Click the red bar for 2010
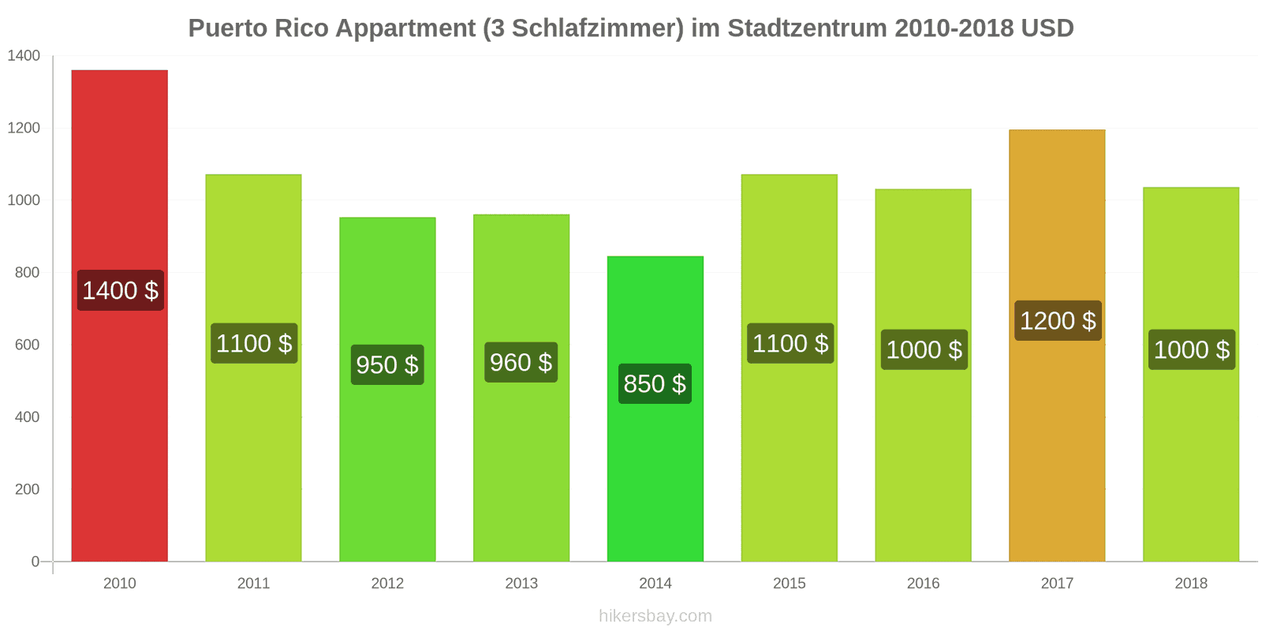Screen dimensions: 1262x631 tap(119, 315)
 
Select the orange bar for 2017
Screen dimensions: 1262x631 tap(1057, 345)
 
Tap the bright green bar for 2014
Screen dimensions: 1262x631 tap(655, 409)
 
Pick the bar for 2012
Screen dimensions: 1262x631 tap(387, 390)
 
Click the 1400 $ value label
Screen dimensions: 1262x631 tap(121, 291)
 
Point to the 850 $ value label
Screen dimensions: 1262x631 tap(655, 383)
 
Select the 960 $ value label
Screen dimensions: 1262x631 tap(521, 362)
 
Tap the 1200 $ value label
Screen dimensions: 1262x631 tap(1058, 320)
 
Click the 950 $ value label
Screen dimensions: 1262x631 tap(387, 364)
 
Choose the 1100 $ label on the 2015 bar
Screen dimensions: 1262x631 tap(790, 343)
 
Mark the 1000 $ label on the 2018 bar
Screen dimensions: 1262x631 tap(1192, 349)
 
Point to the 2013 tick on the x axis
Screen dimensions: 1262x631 tap(521, 583)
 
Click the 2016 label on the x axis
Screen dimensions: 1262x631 tap(923, 583)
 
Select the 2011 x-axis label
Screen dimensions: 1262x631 tap(253, 583)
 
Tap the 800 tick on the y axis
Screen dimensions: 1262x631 tap(27, 273)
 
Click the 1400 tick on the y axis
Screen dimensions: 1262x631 tap(24, 56)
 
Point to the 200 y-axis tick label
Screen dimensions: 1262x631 tap(27, 489)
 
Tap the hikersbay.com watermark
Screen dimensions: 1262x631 tap(655, 616)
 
